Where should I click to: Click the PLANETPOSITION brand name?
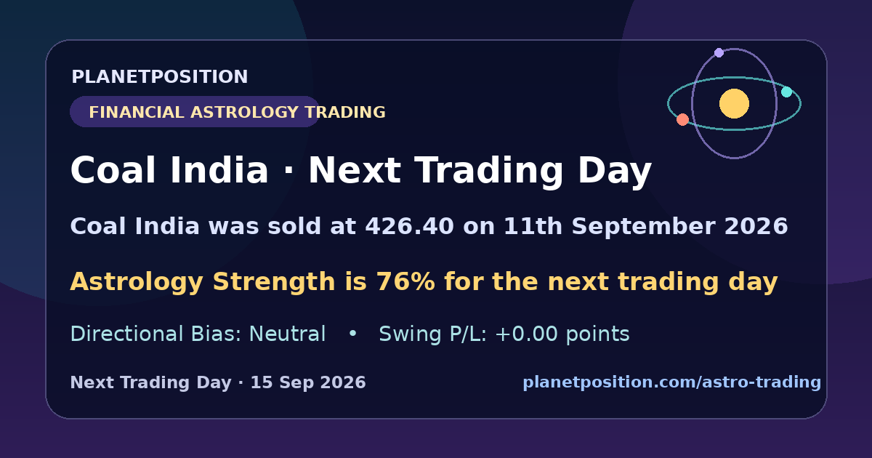pyautogui.click(x=160, y=77)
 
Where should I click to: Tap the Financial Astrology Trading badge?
pyautogui.click(x=195, y=112)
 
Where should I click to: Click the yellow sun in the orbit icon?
pyautogui.click(x=734, y=103)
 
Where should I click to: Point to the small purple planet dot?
pyautogui.click(x=719, y=52)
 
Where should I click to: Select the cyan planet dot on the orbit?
pyautogui.click(x=787, y=92)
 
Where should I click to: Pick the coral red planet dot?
pyautogui.click(x=682, y=119)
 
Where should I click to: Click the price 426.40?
pyautogui.click(x=410, y=226)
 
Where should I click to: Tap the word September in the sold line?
pyautogui.click(x=643, y=226)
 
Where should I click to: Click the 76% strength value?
pyautogui.click(x=405, y=281)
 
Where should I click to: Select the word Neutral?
pyautogui.click(x=287, y=334)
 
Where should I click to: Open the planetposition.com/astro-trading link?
pyautogui.click(x=672, y=382)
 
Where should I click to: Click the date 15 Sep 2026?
pyautogui.click(x=308, y=382)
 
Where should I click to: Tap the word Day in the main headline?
pyautogui.click(x=615, y=171)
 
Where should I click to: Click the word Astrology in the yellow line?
pyautogui.click(x=137, y=281)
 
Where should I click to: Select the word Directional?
pyautogui.click(x=126, y=334)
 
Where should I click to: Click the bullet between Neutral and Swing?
pyautogui.click(x=352, y=334)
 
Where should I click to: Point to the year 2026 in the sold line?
pyautogui.click(x=756, y=226)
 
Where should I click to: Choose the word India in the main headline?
pyautogui.click(x=219, y=170)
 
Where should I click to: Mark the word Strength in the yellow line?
pyautogui.click(x=274, y=281)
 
